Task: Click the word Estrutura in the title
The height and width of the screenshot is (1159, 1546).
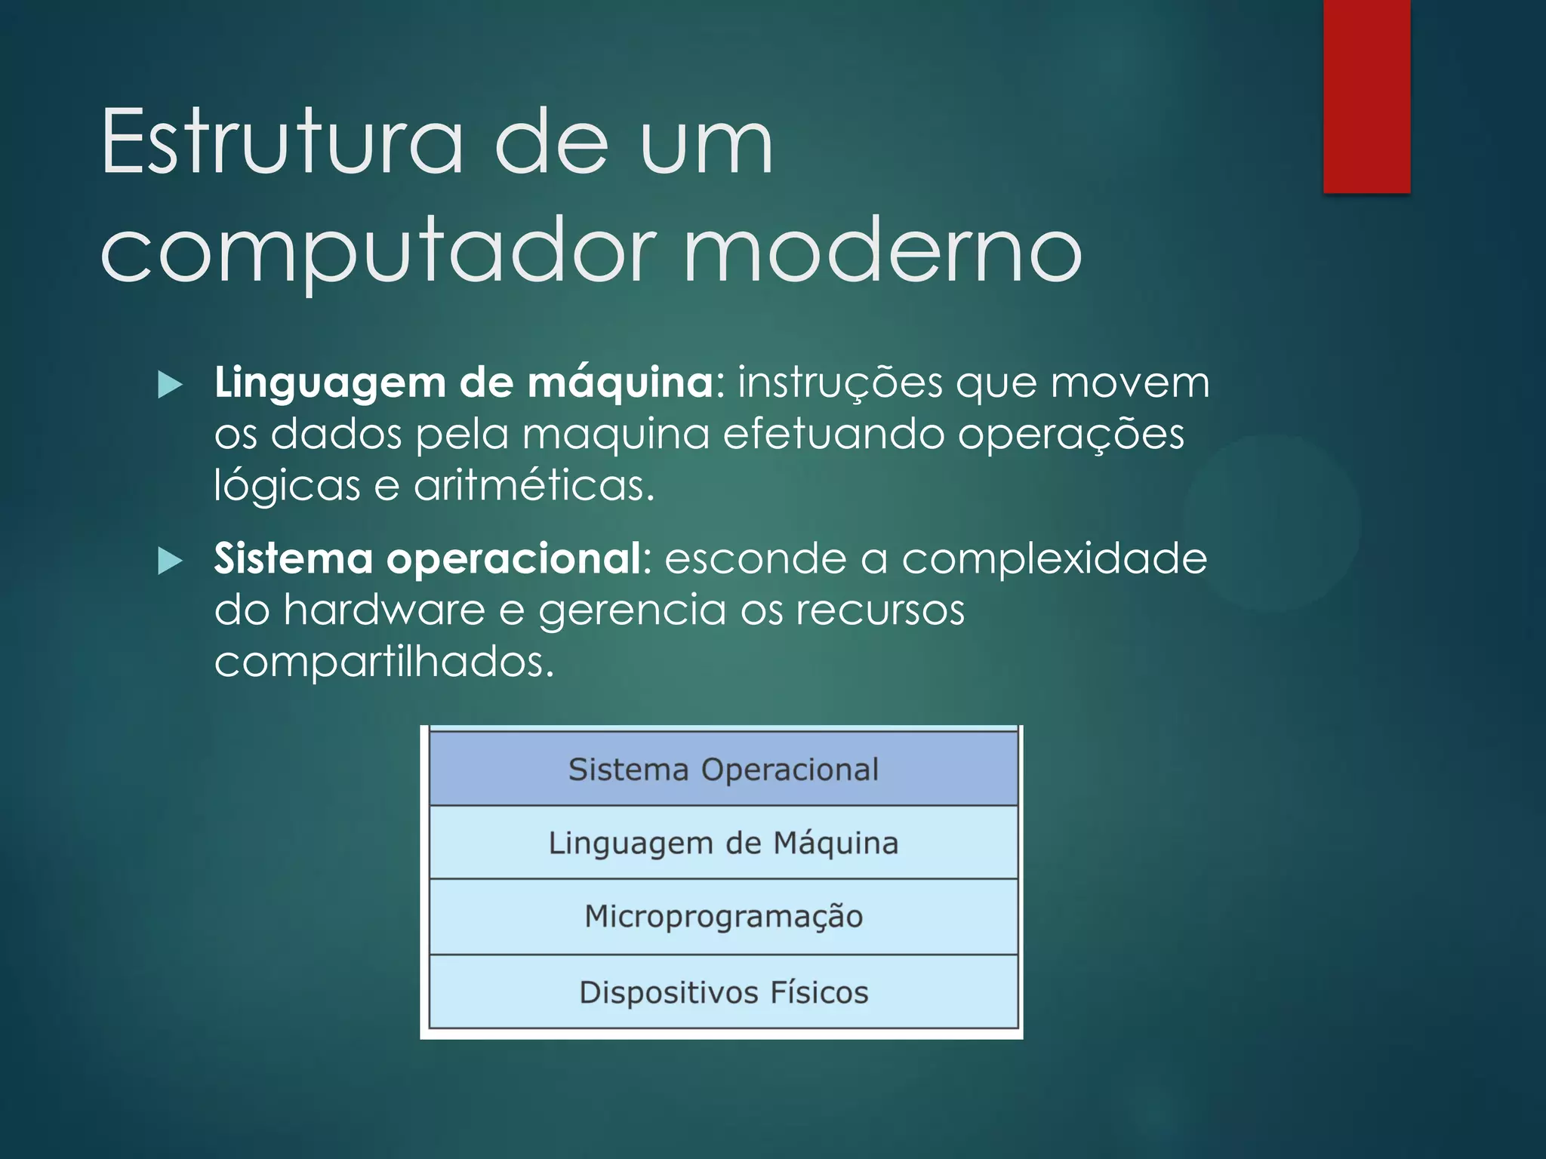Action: coord(281,142)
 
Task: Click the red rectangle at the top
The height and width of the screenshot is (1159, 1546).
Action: coord(1366,96)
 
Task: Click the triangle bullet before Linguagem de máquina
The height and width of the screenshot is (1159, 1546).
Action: coord(171,385)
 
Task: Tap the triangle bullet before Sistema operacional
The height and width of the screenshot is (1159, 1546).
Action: coord(171,561)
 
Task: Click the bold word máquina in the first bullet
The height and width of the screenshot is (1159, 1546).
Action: coord(619,383)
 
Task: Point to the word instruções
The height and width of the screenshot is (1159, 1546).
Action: coord(839,383)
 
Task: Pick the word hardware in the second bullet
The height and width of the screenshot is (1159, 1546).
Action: coord(383,610)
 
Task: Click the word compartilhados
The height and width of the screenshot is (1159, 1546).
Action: coord(383,662)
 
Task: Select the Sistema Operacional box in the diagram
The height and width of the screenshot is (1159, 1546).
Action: coord(723,770)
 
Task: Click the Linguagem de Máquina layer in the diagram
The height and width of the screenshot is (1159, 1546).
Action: coord(723,843)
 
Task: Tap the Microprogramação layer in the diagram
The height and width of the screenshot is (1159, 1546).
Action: coord(723,916)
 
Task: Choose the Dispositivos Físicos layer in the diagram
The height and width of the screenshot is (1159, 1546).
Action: coord(723,991)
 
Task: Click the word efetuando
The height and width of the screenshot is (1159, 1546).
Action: coord(833,434)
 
